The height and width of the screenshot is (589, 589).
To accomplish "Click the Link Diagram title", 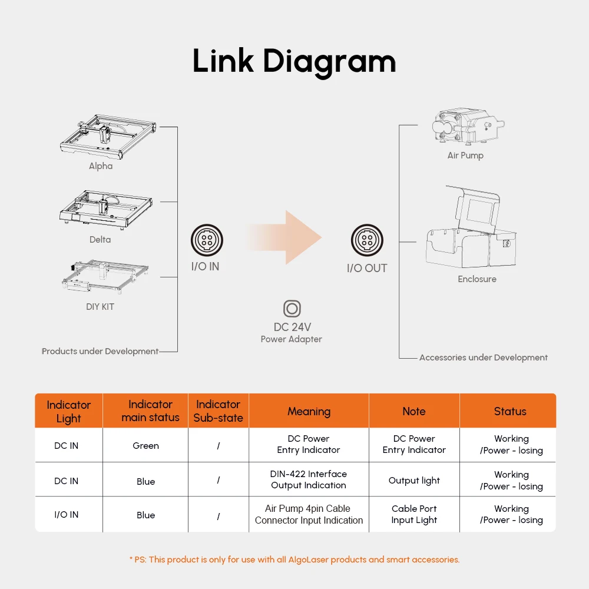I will [x=294, y=61].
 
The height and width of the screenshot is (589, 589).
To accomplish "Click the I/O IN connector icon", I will [x=207, y=240].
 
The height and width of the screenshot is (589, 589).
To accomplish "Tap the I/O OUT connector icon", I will [x=367, y=240].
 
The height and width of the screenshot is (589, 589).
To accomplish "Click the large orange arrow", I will [x=286, y=237].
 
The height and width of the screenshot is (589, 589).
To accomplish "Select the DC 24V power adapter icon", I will [x=292, y=309].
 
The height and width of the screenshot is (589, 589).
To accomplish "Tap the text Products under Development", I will [x=100, y=351].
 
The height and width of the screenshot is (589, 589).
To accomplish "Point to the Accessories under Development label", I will [x=483, y=358].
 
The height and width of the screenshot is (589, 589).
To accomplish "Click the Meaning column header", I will [x=309, y=412].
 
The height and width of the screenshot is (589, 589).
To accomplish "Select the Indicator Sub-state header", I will [x=219, y=411].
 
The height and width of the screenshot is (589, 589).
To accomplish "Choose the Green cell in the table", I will [x=145, y=446].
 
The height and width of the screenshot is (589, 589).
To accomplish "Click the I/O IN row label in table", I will [x=66, y=515].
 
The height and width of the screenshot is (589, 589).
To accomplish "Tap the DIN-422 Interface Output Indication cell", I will [x=309, y=479].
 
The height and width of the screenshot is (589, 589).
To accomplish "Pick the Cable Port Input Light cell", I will [x=414, y=514].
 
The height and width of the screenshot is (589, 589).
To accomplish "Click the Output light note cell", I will [x=414, y=481].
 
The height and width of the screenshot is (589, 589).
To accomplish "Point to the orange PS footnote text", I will [x=294, y=560].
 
